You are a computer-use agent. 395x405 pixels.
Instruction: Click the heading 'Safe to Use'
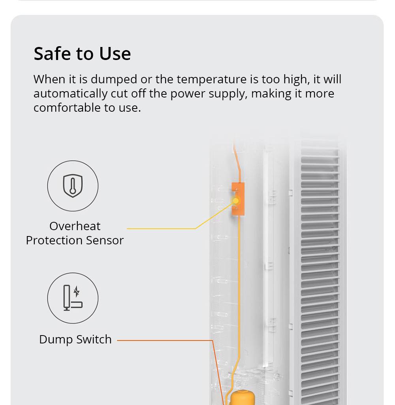(x=82, y=54)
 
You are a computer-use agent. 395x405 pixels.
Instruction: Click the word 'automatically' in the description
(x=70, y=94)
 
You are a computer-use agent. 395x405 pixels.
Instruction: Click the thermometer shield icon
(x=73, y=186)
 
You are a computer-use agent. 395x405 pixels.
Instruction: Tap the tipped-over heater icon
(x=73, y=298)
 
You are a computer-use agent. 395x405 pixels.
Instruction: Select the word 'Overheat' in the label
(x=75, y=226)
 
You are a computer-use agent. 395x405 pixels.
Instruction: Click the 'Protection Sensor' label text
(x=75, y=240)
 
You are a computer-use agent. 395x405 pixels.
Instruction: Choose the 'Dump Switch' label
(x=75, y=339)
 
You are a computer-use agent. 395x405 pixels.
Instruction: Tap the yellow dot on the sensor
(x=235, y=201)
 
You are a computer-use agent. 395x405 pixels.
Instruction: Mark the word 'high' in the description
(x=296, y=79)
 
